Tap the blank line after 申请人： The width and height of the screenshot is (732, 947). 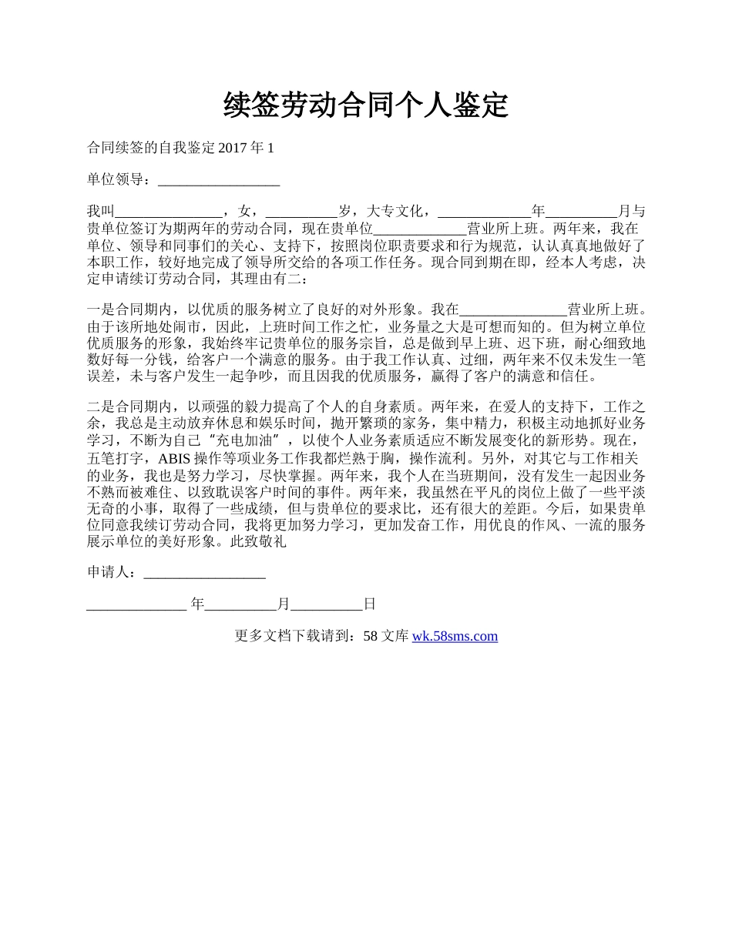(x=205, y=573)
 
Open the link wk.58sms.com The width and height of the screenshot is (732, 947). (x=455, y=636)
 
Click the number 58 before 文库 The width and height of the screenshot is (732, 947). (x=370, y=636)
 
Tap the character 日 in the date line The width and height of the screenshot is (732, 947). (x=369, y=604)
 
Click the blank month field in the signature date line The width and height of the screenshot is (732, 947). (x=241, y=604)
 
